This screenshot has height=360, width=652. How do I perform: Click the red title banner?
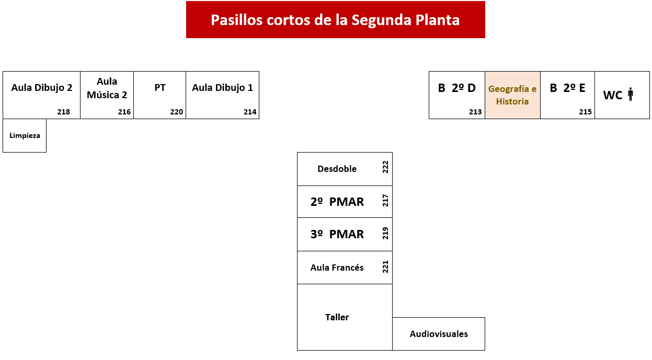click(335, 19)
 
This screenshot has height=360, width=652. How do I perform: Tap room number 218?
click(63, 112)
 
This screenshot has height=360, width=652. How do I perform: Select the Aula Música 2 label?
click(107, 88)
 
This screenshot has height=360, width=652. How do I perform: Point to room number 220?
click(176, 112)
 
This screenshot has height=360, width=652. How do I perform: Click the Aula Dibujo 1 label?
click(222, 88)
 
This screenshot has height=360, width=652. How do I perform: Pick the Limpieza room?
click(25, 135)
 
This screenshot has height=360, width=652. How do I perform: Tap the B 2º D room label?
click(456, 88)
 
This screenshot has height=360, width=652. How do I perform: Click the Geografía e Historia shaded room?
click(512, 95)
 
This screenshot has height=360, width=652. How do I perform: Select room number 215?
click(586, 112)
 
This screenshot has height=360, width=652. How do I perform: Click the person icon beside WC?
click(631, 94)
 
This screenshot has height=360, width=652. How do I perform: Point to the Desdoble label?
click(337, 169)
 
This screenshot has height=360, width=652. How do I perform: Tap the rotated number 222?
click(385, 167)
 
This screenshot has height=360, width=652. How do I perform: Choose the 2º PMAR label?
click(337, 202)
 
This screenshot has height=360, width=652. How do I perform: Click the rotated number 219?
click(385, 233)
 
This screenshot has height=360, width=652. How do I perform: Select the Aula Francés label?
click(337, 268)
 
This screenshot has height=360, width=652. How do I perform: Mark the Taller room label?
click(337, 317)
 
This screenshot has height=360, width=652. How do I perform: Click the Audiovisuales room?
click(439, 334)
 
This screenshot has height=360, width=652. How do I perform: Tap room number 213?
click(475, 112)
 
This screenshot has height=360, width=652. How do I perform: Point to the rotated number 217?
click(385, 201)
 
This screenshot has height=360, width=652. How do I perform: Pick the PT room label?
click(160, 88)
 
